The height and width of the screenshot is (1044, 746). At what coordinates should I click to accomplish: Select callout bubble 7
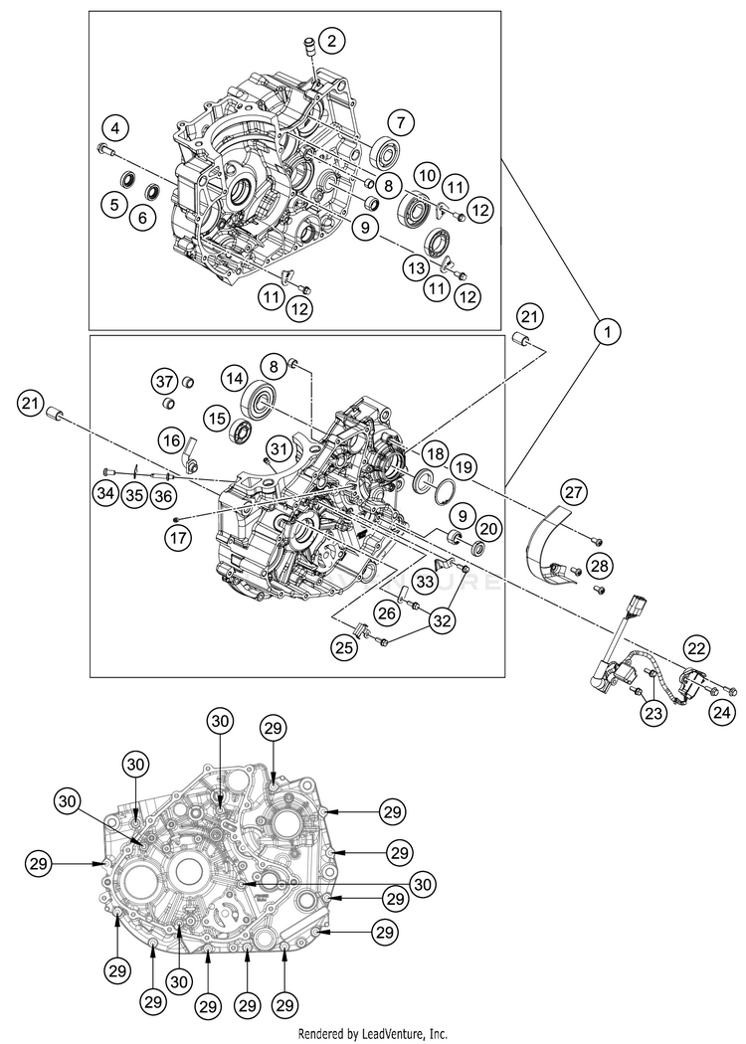[x=401, y=122]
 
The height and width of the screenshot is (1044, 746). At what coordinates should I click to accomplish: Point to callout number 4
[x=116, y=127]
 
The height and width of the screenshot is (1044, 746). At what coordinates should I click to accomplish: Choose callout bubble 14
[x=234, y=379]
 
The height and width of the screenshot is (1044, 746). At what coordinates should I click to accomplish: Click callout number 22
[x=695, y=647]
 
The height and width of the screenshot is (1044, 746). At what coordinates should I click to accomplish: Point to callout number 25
[x=346, y=648]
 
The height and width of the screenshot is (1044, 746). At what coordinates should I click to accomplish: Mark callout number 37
[x=163, y=380]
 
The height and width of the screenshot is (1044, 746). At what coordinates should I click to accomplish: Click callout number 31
[x=280, y=448]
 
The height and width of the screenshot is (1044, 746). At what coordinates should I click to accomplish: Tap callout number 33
[x=425, y=581]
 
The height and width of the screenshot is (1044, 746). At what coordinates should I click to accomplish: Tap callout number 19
[x=462, y=465]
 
